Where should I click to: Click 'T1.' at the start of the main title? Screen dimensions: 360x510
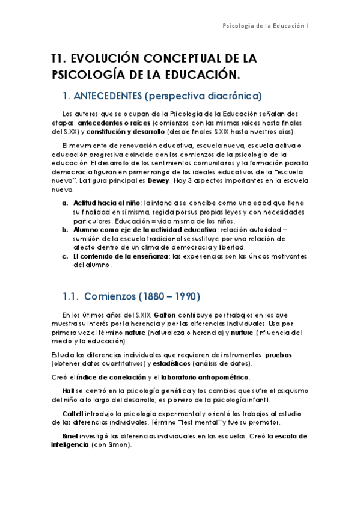pyautogui.click(x=58, y=59)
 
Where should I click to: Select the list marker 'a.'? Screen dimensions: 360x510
pyautogui.click(x=65, y=203)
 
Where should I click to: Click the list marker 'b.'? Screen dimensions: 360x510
pyautogui.click(x=65, y=230)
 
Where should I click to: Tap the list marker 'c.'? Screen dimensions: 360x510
pyautogui.click(x=65, y=256)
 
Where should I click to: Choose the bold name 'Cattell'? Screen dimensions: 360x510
pyautogui.click(x=73, y=414)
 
